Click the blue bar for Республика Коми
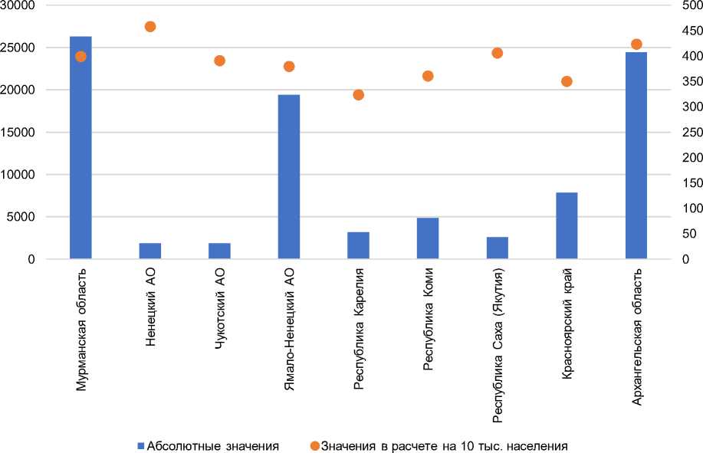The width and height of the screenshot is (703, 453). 428,238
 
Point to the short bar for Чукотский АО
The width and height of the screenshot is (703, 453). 219,251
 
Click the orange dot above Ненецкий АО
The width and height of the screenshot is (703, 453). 150,27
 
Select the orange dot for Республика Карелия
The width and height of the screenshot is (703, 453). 358,95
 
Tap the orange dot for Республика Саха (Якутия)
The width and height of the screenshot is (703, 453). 498,53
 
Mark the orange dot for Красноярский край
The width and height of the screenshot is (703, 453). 567,81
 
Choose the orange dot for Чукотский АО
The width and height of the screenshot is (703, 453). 219,61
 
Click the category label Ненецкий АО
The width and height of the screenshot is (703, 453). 150,307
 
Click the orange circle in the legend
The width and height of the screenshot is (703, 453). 315,445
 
